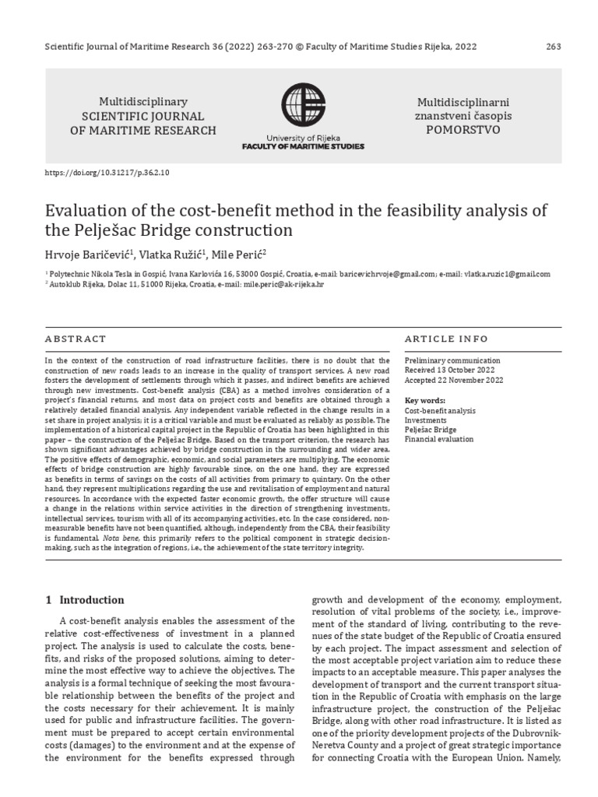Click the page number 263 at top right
click(x=554, y=46)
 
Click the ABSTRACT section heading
click(x=76, y=339)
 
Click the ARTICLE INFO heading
click(x=447, y=339)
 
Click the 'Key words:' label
click(x=424, y=400)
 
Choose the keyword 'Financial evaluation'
click(x=439, y=440)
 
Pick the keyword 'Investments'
click(x=426, y=420)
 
